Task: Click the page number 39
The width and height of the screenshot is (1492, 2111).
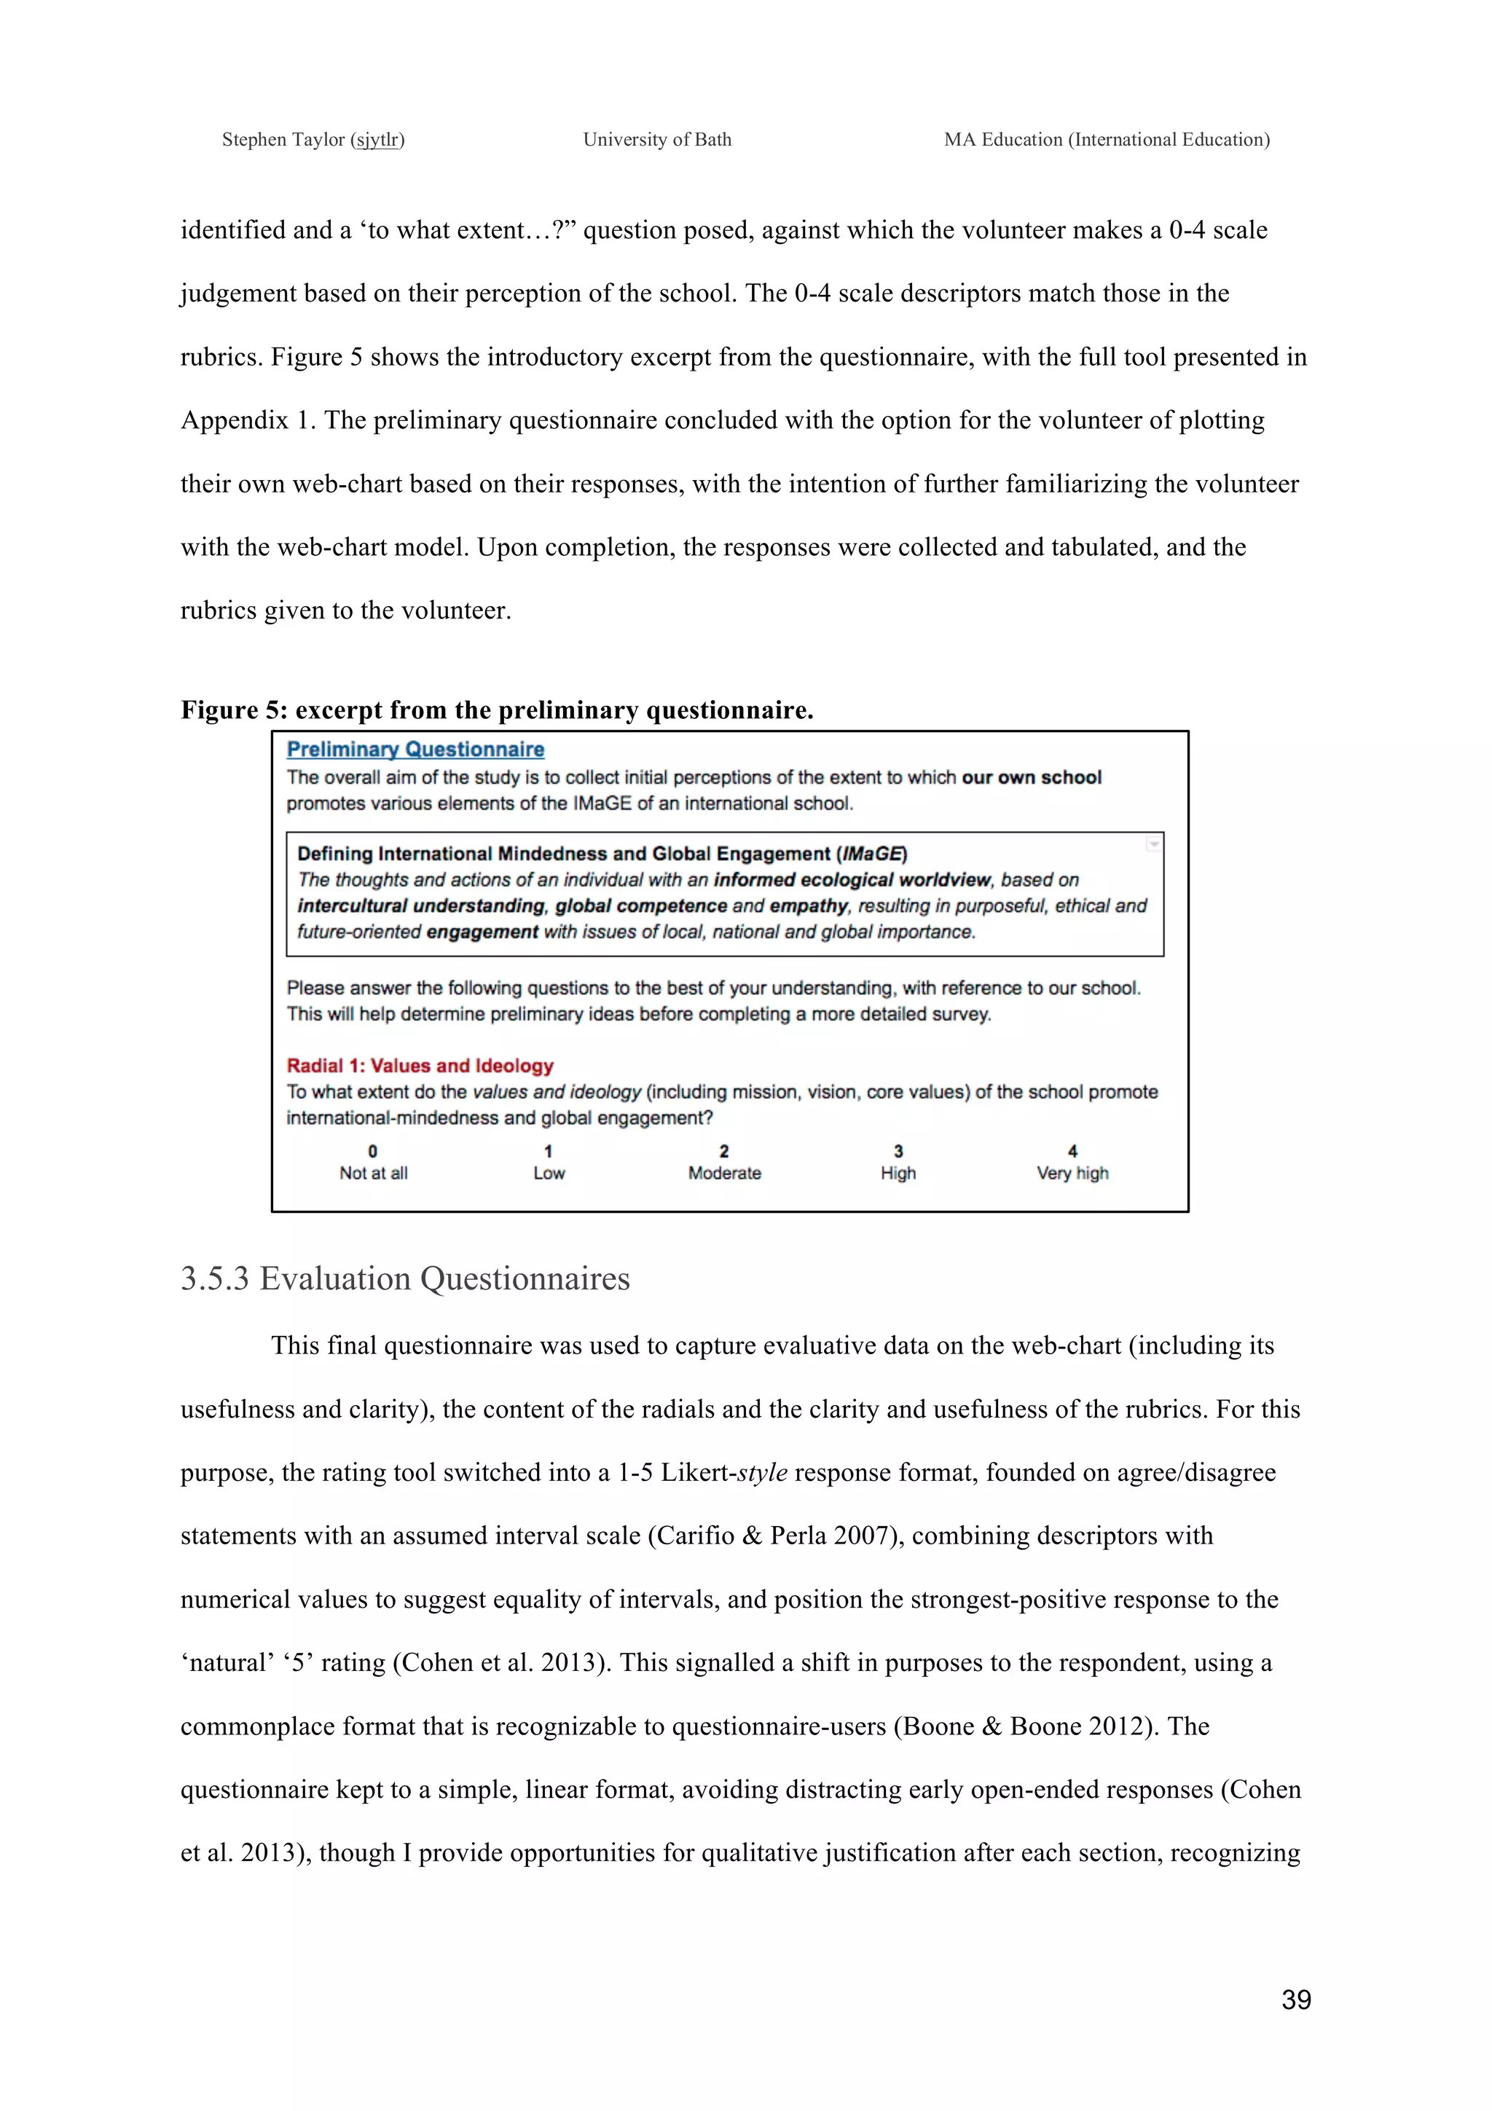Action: coord(1295,2000)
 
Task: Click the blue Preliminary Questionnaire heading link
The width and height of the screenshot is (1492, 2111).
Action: coord(415,750)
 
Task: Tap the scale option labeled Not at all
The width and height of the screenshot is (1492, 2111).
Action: coord(373,1174)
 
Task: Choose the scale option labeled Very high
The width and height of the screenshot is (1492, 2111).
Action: coord(1072,1174)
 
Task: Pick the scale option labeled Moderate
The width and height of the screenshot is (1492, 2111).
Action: coord(724,1174)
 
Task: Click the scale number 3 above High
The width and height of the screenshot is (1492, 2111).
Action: coord(898,1151)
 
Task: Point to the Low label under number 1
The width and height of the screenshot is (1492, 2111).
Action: coord(549,1174)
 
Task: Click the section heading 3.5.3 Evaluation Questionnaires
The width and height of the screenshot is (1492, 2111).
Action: coord(404,1279)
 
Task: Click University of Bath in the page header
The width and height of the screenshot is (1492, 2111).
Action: coord(656,140)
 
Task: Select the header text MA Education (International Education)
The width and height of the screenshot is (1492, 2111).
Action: coord(1106,140)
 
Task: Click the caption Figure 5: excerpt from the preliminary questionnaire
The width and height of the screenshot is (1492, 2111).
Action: coord(496,709)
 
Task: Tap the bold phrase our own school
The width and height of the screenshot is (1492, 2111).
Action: coord(1031,778)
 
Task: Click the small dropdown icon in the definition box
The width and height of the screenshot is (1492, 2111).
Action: coord(1153,844)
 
